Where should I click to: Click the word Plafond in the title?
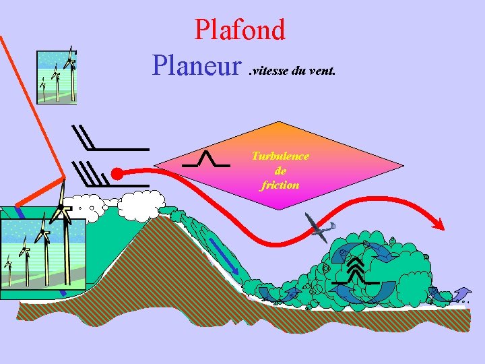240,30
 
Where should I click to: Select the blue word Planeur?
197,65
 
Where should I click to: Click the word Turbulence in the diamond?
280,156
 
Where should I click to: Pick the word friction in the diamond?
280,185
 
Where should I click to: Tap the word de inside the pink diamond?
280,171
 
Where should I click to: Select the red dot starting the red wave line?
117,174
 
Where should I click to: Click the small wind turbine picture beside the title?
57,77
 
